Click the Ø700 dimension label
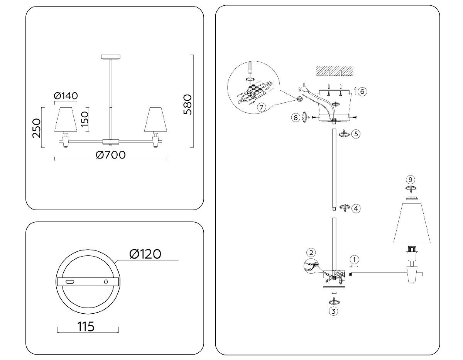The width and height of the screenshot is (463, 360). [110, 155]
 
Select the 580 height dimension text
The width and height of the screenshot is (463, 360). [188, 104]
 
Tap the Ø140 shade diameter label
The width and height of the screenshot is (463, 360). [66, 96]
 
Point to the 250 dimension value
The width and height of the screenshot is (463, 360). [37, 128]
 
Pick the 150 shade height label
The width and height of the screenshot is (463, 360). [85, 120]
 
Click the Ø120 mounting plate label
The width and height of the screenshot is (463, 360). [145, 254]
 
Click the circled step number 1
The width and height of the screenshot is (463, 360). [355, 259]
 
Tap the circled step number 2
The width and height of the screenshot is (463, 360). [311, 253]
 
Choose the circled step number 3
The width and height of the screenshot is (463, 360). [334, 311]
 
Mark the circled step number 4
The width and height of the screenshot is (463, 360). [355, 208]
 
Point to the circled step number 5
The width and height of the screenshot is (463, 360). [355, 134]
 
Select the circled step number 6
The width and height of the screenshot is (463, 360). [362, 91]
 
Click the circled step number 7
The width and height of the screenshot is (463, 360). [261, 107]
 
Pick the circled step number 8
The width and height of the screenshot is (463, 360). [296, 118]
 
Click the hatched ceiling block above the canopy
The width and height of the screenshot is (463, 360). [335, 71]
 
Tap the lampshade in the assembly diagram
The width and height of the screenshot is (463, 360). [412, 223]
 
